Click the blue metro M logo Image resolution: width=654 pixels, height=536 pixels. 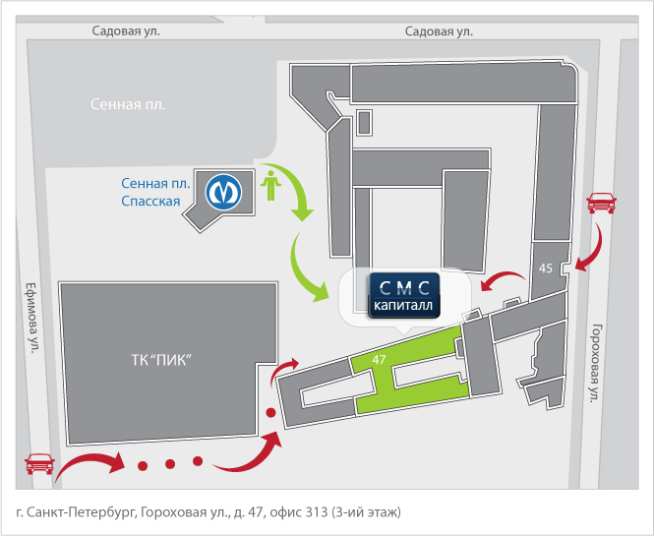click(x=223, y=192)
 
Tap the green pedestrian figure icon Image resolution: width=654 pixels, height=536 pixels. click(x=271, y=185)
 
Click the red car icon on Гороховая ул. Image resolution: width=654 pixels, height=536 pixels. click(x=601, y=203)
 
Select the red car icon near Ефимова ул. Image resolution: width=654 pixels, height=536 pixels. click(x=40, y=463)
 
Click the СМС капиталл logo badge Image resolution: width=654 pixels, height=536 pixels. click(x=404, y=295)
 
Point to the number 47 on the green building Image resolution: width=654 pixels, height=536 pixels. click(x=379, y=359)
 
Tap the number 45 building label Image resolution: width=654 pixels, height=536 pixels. click(x=546, y=268)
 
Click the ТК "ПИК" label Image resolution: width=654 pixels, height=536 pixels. click(x=161, y=360)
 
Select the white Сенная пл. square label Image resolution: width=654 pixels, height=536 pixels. click(x=128, y=104)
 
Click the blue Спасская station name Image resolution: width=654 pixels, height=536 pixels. click(x=150, y=201)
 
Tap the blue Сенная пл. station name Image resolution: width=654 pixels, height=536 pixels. click(x=155, y=183)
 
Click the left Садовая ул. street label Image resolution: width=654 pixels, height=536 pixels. click(x=126, y=30)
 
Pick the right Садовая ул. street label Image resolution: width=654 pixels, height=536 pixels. click(x=440, y=31)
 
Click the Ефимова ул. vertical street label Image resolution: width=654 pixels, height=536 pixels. click(x=33, y=318)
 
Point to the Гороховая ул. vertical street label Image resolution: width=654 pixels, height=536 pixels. click(x=596, y=363)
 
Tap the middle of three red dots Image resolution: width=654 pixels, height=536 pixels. click(x=170, y=463)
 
